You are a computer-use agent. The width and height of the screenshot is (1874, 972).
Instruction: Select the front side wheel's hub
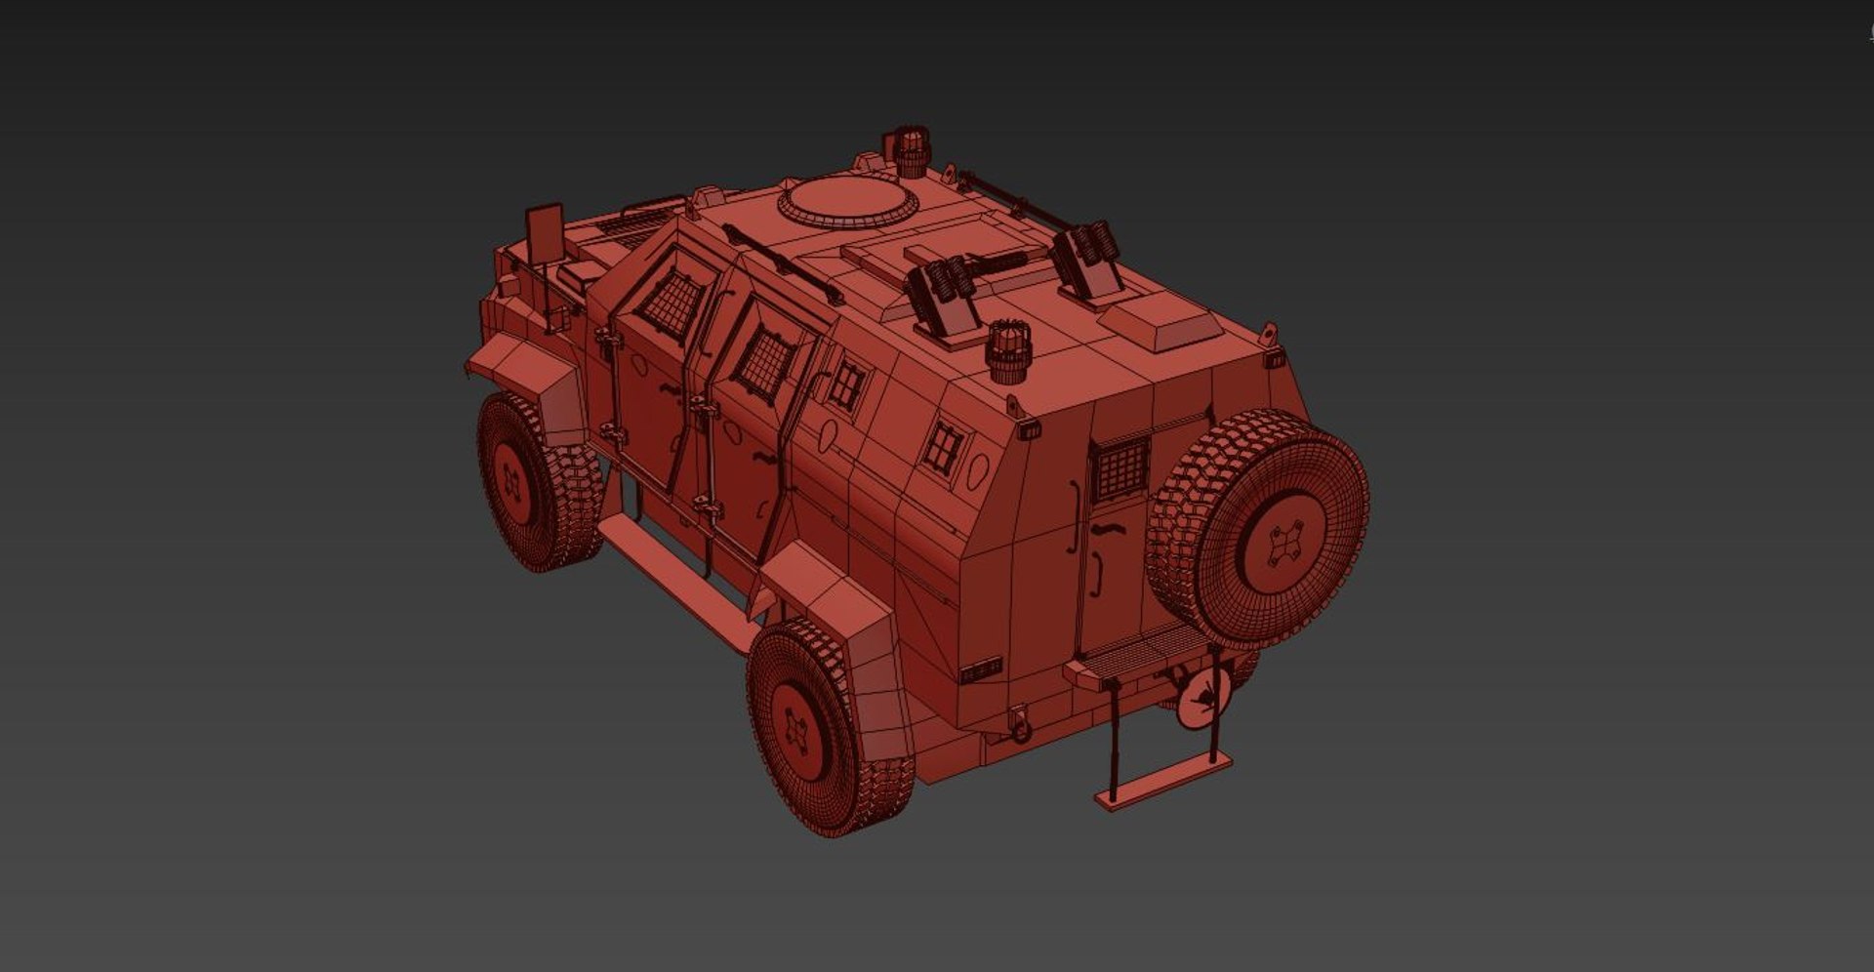coord(511,482)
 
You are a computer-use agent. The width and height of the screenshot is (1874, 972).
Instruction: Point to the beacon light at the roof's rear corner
coord(1007,351)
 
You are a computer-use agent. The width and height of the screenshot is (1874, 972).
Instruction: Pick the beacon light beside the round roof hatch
coord(910,153)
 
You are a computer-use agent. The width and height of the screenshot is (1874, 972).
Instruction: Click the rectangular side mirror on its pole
coord(545,233)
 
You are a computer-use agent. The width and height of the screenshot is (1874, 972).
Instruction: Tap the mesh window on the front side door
coord(670,299)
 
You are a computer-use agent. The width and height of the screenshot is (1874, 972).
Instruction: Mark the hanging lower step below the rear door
coord(1162,783)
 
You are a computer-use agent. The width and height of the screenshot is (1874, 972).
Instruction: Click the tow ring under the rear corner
coord(1019,727)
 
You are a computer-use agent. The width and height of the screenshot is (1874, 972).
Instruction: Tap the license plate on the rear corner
coord(980,670)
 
